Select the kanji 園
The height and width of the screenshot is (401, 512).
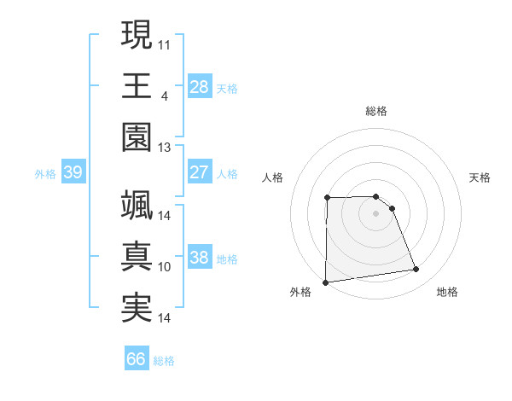pyautogui.click(x=137, y=137)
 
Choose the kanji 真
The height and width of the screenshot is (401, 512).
pyautogui.click(x=137, y=257)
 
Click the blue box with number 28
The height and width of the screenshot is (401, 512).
pyautogui.click(x=199, y=86)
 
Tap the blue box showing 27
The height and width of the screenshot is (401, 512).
pyautogui.click(x=199, y=172)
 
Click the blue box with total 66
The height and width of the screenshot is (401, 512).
pyautogui.click(x=137, y=359)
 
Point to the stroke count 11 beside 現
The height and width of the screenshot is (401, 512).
pyautogui.click(x=165, y=43)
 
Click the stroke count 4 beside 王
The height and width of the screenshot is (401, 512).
pyautogui.click(x=164, y=95)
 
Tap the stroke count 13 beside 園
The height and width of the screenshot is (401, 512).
pyautogui.click(x=165, y=147)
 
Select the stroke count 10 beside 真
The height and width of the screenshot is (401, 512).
pyautogui.click(x=165, y=267)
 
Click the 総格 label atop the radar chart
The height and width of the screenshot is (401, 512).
pyautogui.click(x=376, y=111)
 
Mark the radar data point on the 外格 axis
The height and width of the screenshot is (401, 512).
pyautogui.click(x=325, y=282)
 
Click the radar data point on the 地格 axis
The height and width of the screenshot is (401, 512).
pyautogui.click(x=416, y=270)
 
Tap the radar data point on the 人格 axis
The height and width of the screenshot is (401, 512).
pyautogui.click(x=328, y=198)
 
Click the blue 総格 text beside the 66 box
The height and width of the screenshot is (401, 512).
pyautogui.click(x=165, y=361)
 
